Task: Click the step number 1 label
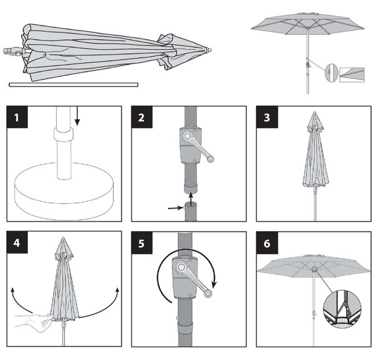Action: (17, 118)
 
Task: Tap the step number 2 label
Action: (141, 118)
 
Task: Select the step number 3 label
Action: (267, 118)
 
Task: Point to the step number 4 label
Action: (17, 243)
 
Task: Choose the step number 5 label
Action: (141, 244)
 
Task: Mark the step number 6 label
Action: (267, 244)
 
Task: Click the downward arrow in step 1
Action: (77, 116)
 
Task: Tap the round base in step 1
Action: (64, 191)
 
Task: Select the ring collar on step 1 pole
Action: (64, 135)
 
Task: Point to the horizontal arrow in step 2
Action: (176, 208)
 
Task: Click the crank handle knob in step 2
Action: (210, 158)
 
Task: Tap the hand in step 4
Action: (34, 323)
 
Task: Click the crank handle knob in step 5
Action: (208, 293)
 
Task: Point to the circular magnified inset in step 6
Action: (342, 309)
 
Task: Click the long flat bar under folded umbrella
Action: (74, 85)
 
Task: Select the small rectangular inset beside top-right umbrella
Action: (352, 75)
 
